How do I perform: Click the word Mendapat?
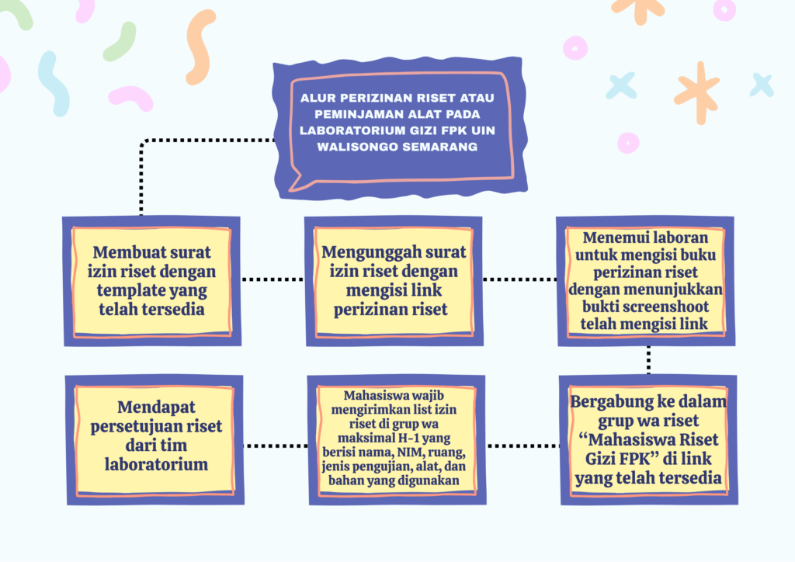click(x=155, y=407)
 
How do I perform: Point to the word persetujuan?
click(x=141, y=426)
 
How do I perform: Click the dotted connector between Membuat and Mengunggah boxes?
click(x=272, y=278)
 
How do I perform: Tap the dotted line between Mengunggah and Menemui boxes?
click(x=519, y=278)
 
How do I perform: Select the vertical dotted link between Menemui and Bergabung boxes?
click(x=648, y=359)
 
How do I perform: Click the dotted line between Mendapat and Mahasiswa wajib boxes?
click(x=275, y=446)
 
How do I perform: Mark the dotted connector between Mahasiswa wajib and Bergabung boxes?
click(x=522, y=446)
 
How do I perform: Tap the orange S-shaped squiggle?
click(x=200, y=47)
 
